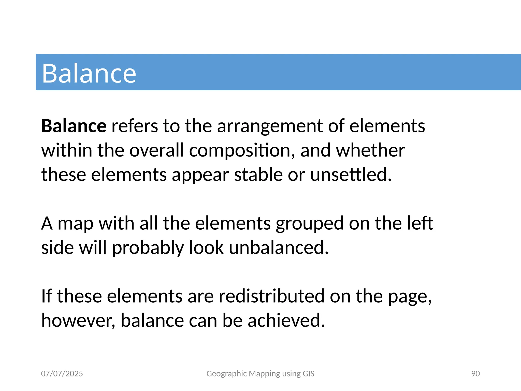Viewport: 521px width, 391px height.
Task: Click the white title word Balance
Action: (89, 73)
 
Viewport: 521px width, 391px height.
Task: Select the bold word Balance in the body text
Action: (74, 126)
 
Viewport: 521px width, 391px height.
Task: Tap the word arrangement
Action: (270, 127)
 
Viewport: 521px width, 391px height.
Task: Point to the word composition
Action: (242, 151)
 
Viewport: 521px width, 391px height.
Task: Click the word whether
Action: (370, 150)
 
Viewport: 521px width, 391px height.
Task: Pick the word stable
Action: (258, 175)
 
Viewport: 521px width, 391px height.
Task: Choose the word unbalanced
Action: (279, 247)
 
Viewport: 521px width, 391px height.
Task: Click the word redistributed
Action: (271, 296)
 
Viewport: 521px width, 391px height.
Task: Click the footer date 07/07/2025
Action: (62, 373)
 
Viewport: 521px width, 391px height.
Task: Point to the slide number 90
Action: (475, 373)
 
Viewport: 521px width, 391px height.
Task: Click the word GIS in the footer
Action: (308, 373)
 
